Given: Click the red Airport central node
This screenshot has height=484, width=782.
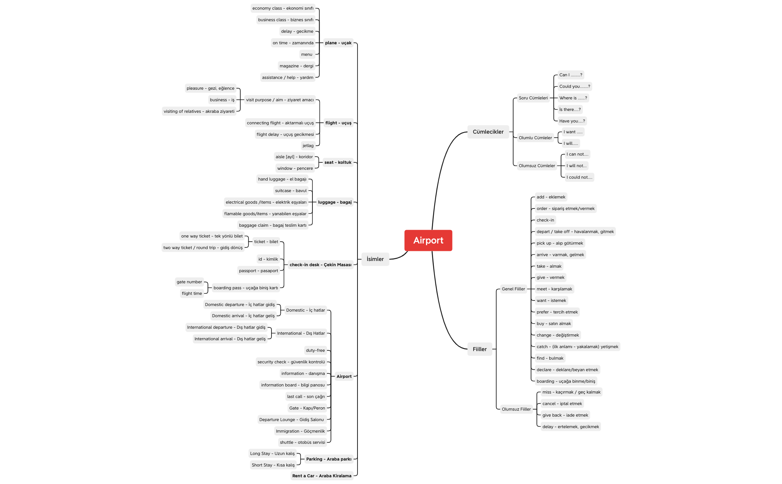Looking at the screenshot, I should pos(428,241).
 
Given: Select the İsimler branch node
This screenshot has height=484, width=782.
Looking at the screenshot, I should pos(375,259).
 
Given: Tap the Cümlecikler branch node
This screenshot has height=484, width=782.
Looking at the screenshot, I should pos(488,132).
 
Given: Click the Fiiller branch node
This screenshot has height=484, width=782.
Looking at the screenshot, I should pos(480,349).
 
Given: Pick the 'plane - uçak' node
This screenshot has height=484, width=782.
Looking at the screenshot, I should pos(338,43).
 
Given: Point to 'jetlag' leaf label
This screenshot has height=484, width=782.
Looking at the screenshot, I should pos(308,146).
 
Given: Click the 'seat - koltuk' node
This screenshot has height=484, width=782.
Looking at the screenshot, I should pos(338,162).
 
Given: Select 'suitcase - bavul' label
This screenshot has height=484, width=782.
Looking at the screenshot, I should pos(291,191).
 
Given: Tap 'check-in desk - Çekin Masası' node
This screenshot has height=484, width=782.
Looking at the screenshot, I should pos(320,265).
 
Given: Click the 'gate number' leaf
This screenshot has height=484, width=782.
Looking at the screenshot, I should pos(189,282).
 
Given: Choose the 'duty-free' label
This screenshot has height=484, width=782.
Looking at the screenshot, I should pos(315,350).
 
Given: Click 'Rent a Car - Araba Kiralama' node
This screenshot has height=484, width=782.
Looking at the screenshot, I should pos(322,476).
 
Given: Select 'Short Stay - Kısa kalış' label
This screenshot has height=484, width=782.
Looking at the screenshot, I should pos(273,465).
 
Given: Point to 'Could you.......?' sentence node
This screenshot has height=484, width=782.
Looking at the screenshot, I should pos(575,86).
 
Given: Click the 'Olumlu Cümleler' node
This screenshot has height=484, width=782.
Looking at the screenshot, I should pos(535,138).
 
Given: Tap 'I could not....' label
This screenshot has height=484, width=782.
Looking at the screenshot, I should pos(579,177).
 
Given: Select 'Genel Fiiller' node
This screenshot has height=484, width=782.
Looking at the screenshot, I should pos(513,289).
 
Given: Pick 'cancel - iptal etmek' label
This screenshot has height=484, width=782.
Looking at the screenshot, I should pos(562,404).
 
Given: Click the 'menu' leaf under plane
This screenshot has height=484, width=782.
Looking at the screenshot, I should pos(307,54).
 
